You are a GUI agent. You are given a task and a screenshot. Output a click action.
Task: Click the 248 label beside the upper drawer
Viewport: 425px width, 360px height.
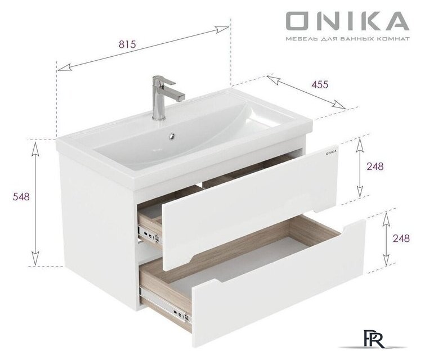point(375,166)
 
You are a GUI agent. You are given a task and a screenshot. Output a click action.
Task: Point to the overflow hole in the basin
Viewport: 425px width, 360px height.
point(172,135)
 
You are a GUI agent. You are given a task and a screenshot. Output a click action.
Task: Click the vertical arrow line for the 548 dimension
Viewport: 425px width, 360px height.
point(35,202)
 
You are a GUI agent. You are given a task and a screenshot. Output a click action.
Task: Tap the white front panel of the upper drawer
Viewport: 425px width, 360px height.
point(248,202)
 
